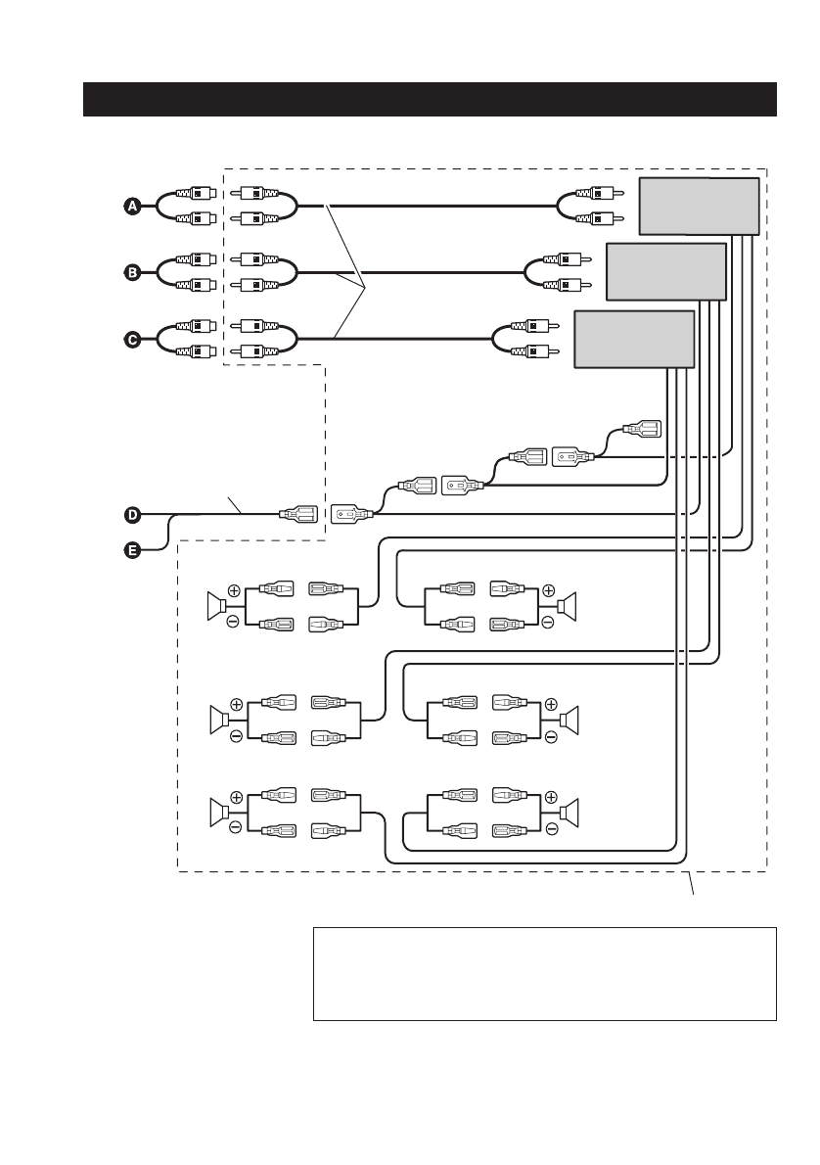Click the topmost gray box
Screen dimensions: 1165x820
(x=699, y=207)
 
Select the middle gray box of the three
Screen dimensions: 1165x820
(x=666, y=272)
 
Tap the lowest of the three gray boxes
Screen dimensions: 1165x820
(x=633, y=339)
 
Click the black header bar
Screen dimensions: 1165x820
(x=430, y=100)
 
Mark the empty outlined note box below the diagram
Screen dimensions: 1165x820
(x=544, y=974)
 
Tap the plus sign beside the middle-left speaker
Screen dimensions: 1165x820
(x=235, y=703)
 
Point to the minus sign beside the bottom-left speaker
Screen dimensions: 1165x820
(x=235, y=827)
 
